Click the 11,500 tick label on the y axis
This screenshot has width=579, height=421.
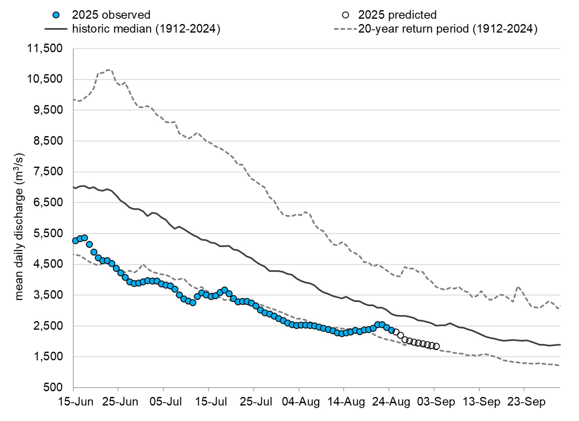coord(44,49)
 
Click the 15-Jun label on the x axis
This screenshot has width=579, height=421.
coord(75,402)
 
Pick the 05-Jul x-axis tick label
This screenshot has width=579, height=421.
coord(164,402)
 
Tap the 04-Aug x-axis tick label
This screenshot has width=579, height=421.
coord(301,402)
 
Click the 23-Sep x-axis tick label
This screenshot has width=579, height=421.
coord(526,402)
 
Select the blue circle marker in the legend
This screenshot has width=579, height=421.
coord(56,15)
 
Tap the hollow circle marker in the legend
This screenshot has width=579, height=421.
coord(345,15)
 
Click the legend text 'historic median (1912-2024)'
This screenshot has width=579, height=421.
coord(146,29)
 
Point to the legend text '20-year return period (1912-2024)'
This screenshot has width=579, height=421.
coord(447,29)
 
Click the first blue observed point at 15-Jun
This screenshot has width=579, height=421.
coord(76,241)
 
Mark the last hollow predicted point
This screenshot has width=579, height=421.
coord(436,347)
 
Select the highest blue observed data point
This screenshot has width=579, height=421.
coord(85,238)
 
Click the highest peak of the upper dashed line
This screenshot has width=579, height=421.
coord(109,70)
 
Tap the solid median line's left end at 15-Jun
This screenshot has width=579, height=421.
coord(74,187)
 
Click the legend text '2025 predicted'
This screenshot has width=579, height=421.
coord(397,15)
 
